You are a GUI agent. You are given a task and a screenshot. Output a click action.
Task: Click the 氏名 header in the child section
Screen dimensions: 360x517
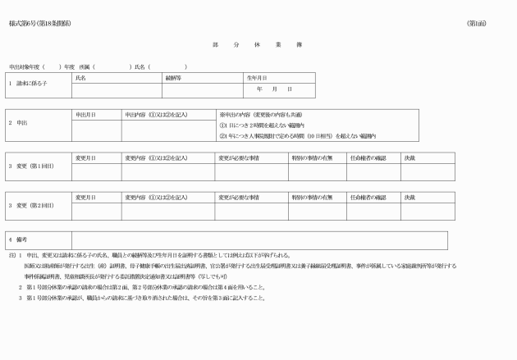click(80, 77)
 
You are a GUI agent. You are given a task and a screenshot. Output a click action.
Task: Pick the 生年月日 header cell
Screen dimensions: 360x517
click(257, 77)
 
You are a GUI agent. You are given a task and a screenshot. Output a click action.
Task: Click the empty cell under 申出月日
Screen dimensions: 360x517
click(97, 130)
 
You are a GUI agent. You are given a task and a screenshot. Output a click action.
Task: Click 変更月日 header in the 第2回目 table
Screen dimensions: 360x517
click(85, 197)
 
